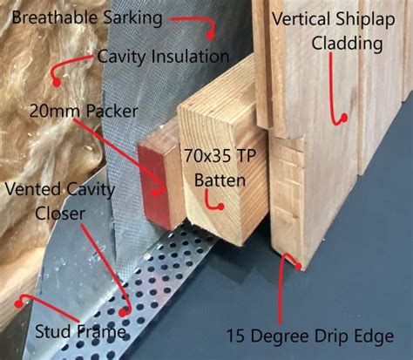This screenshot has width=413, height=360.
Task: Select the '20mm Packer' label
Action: click(x=74, y=112)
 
